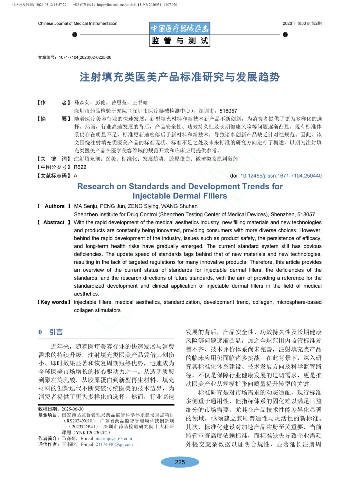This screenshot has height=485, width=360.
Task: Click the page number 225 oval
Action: [x=180, y=462]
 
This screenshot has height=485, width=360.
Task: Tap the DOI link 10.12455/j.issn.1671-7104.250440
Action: [x=281, y=176]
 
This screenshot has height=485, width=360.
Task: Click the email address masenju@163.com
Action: [x=114, y=439]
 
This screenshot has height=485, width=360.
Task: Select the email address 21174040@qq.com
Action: [x=114, y=444]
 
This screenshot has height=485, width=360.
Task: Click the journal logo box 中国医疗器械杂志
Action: [x=180, y=28]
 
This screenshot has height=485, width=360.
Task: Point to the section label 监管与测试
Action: [x=180, y=41]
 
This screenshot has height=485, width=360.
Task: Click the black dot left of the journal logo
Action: [x=75, y=35]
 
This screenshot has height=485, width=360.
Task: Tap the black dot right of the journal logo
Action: [x=285, y=35]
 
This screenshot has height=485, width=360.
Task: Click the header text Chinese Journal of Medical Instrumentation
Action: [x=78, y=23]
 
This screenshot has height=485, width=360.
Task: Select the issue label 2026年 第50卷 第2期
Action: [x=302, y=23]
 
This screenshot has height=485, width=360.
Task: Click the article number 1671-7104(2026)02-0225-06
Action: [x=85, y=57]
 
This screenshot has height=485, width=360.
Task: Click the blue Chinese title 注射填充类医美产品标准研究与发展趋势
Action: [x=180, y=77]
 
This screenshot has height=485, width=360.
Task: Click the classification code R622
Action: [x=80, y=167]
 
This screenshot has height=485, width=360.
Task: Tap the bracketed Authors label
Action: [x=54, y=206]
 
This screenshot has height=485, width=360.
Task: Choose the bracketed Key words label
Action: [x=54, y=302]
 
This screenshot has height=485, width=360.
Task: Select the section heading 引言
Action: [x=56, y=332]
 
